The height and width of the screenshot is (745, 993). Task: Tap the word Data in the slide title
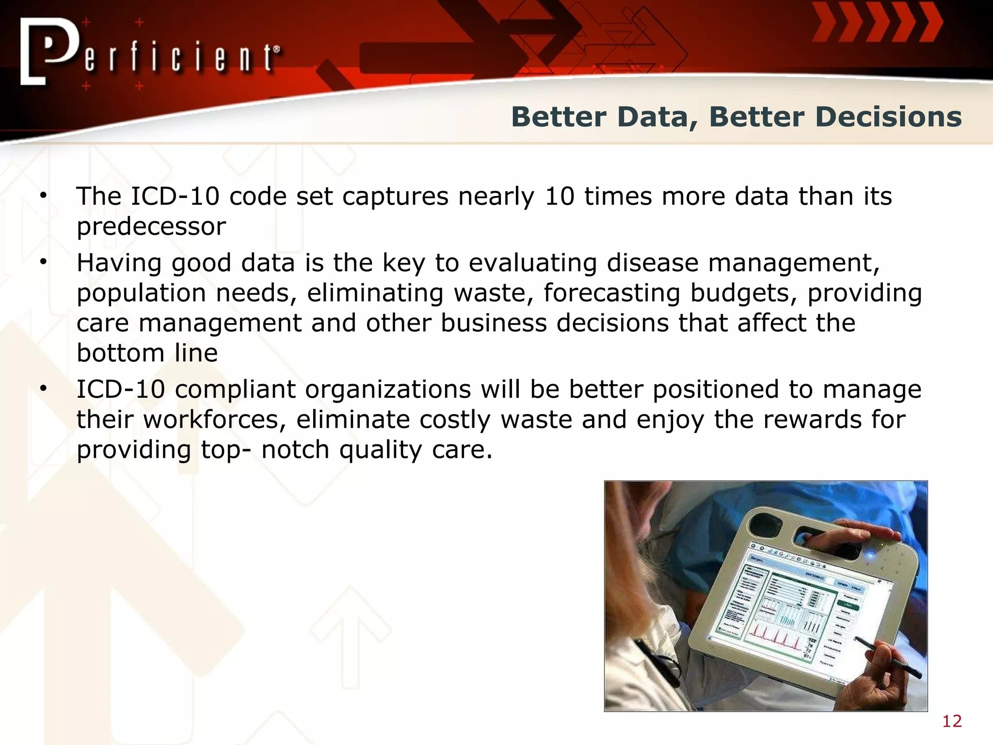pyautogui.click(x=653, y=117)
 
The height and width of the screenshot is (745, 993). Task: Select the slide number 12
pyautogui.click(x=951, y=721)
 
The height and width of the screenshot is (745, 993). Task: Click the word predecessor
pyautogui.click(x=151, y=227)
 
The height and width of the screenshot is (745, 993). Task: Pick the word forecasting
pyautogui.click(x=611, y=293)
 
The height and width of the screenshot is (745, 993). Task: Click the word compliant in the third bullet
pyautogui.click(x=235, y=390)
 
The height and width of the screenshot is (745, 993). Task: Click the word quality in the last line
pyautogui.click(x=381, y=450)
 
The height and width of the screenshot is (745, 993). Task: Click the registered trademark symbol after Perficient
pyautogui.click(x=276, y=49)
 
